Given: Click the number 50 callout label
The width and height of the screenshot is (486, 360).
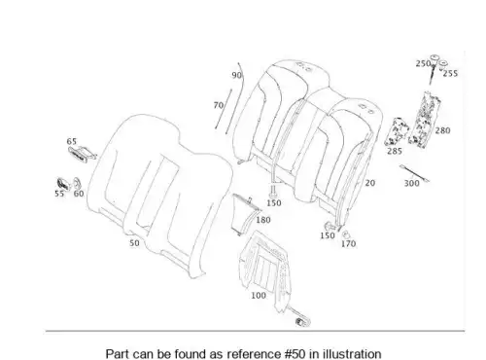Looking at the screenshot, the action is coord(134,243).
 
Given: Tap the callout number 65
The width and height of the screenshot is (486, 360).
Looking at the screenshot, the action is coord(72,141).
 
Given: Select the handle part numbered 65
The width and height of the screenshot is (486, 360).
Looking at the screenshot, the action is coord(82,153).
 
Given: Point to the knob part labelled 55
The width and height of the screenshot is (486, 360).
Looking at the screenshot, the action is coord(63,184).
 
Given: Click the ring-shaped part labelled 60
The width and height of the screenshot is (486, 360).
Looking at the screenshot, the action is coord(77,184).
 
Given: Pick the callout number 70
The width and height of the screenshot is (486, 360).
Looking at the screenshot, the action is coord(219,105).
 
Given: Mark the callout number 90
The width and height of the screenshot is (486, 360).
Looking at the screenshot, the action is coord(236,75).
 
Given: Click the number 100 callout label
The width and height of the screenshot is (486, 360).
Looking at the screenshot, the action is coord(259,296).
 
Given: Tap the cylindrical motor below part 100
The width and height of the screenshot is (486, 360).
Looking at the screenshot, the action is coord(302,322).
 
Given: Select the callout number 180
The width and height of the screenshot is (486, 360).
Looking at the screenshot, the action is coord(263,220).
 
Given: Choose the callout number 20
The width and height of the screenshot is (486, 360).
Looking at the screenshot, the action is coord(370,183).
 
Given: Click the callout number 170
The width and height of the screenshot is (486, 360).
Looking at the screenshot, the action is coord(348,243).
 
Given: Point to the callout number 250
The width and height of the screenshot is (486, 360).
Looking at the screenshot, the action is coord(423,63).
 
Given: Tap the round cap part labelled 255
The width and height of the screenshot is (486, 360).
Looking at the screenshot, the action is coord(443,64).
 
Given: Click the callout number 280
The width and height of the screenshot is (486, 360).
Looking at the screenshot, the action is coord(442,130).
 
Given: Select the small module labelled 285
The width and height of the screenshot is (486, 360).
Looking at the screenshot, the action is coord(396,131).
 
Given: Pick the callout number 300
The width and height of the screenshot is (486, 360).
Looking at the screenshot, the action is coord(411,183).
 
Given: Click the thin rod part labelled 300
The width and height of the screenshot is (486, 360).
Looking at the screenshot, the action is coord(414,173).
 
